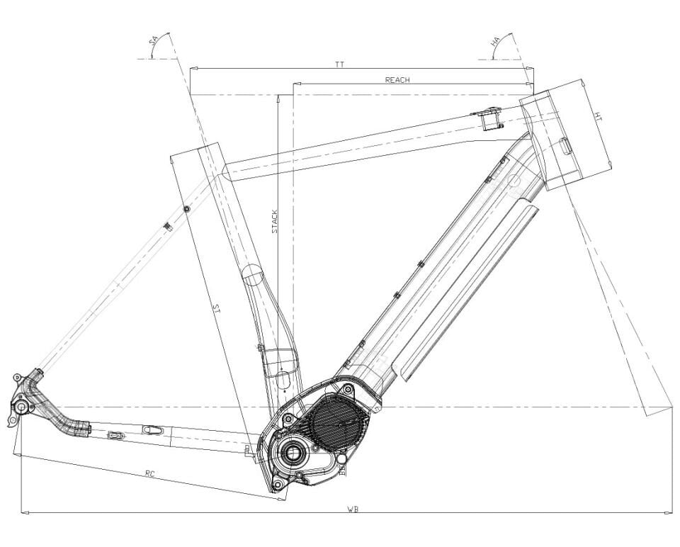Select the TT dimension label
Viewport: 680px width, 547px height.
[x=339, y=64]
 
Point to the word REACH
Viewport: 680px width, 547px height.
[x=397, y=80]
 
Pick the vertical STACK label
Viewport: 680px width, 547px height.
[x=275, y=222]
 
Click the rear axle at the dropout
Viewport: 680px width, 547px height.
[x=22, y=407]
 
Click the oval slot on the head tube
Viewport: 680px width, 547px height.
[x=565, y=147]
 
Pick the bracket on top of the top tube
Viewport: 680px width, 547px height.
[x=489, y=116]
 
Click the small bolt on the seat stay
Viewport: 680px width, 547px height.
[x=186, y=209]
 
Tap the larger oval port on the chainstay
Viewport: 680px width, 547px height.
[x=152, y=429]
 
